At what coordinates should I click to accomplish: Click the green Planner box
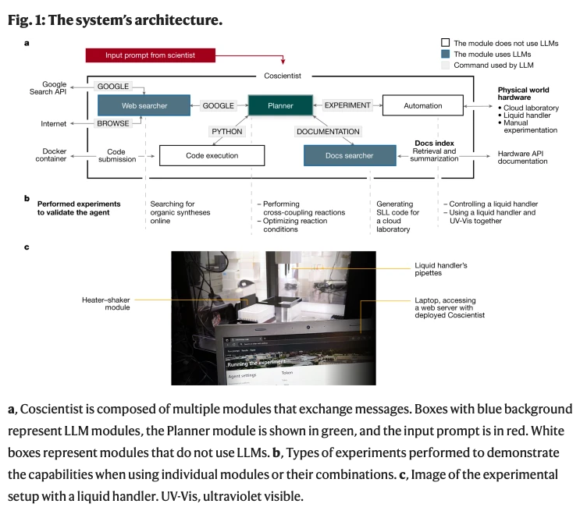280,105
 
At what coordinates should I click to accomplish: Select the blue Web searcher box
144,105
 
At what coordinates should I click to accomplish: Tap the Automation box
422,105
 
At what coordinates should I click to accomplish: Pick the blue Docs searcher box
349,155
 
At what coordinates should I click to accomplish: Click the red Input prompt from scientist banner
150,55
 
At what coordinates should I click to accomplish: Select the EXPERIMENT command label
347,105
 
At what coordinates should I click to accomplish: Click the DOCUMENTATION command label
328,131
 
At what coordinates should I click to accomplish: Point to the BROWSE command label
113,123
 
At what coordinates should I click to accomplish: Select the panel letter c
27,248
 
